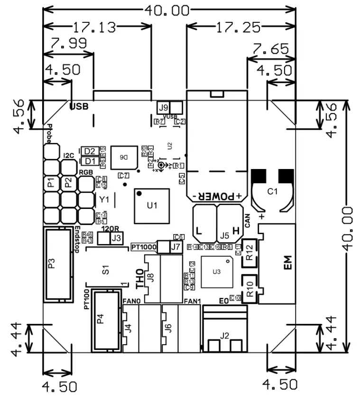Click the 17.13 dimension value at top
click(93, 28)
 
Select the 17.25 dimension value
click(238, 28)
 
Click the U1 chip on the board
click(151, 206)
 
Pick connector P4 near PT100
click(100, 317)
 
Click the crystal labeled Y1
click(104, 199)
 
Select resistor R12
click(250, 251)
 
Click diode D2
click(90, 151)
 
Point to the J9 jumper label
click(164, 107)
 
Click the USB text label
click(79, 106)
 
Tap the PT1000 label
click(143, 247)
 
